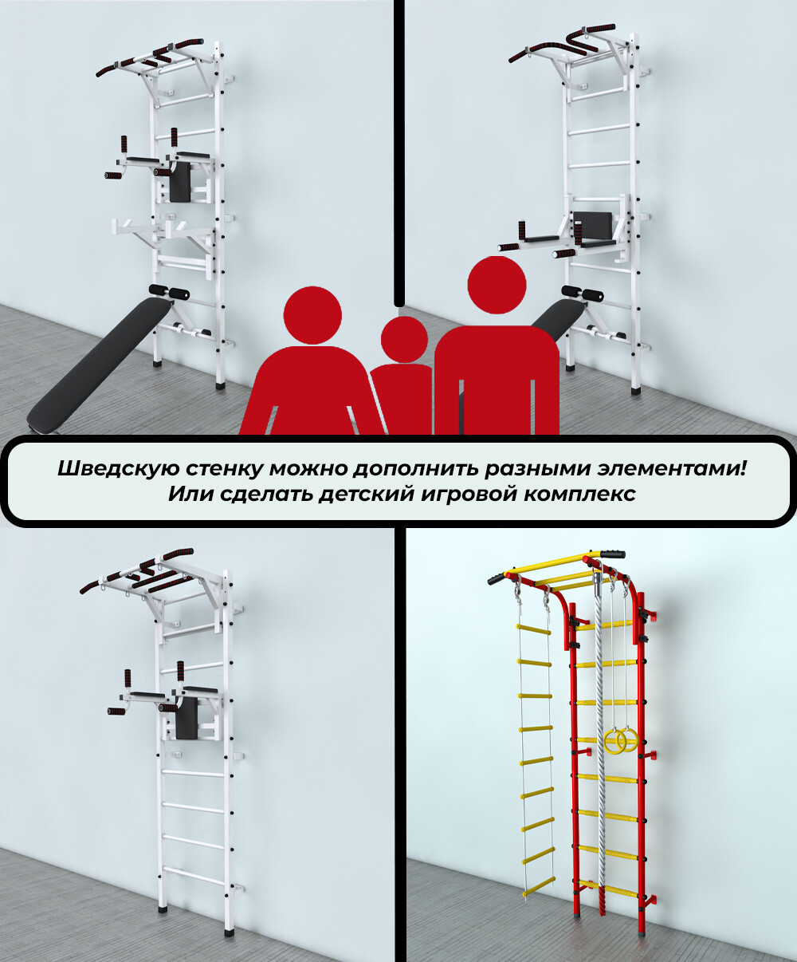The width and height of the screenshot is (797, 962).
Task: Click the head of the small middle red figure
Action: (404, 340)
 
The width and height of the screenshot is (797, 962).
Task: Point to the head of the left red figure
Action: (312, 315)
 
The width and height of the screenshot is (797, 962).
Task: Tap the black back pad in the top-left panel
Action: (180, 182)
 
